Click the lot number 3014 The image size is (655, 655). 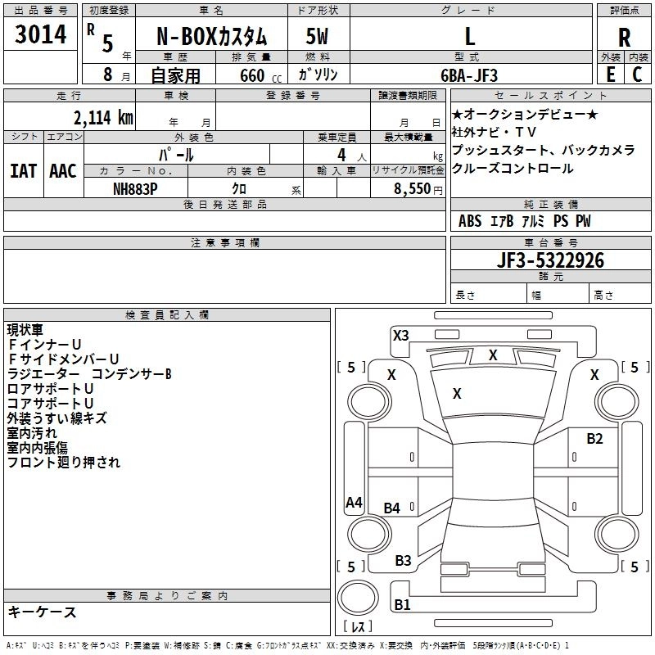(x=41, y=35)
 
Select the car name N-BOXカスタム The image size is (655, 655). (x=210, y=37)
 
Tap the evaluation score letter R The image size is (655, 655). (x=625, y=37)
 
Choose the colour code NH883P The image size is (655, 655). (x=136, y=187)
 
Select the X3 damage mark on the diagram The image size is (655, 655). (x=401, y=335)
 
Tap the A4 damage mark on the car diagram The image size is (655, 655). (x=354, y=503)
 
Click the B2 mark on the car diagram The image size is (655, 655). (x=594, y=438)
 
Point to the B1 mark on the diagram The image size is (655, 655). (x=402, y=605)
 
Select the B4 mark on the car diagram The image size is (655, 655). (x=392, y=508)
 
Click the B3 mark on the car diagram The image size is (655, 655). (x=403, y=560)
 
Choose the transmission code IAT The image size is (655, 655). (x=24, y=171)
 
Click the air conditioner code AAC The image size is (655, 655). (x=63, y=171)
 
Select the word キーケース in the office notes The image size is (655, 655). (x=43, y=612)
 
